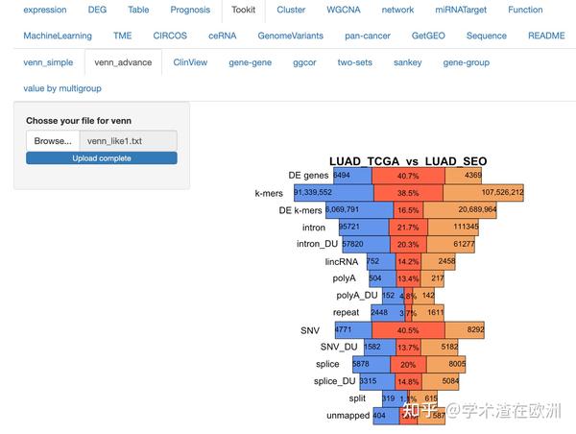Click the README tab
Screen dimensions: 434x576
coord(546,36)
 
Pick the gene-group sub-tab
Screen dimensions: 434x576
coord(466,62)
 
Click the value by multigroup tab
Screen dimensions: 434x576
coord(62,88)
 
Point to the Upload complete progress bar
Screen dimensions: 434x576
coord(102,157)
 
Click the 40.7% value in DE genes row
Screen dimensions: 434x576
coord(408,176)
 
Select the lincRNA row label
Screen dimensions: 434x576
coord(341,261)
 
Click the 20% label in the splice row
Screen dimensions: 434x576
coord(408,365)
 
